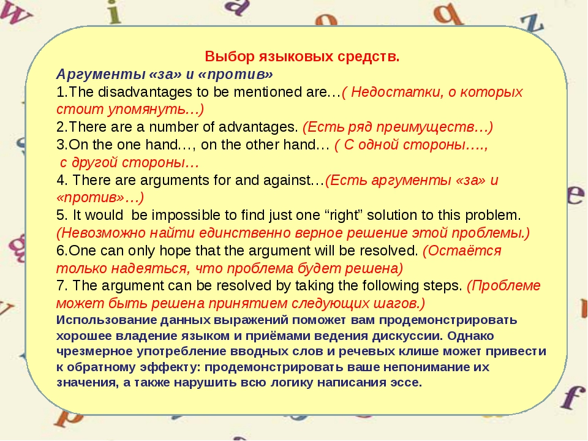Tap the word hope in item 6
click(175, 251)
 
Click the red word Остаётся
click(462, 251)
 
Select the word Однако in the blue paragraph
click(470, 336)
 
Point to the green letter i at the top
click(114, 12)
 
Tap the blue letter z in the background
click(532, 23)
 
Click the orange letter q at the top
click(447, 13)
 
